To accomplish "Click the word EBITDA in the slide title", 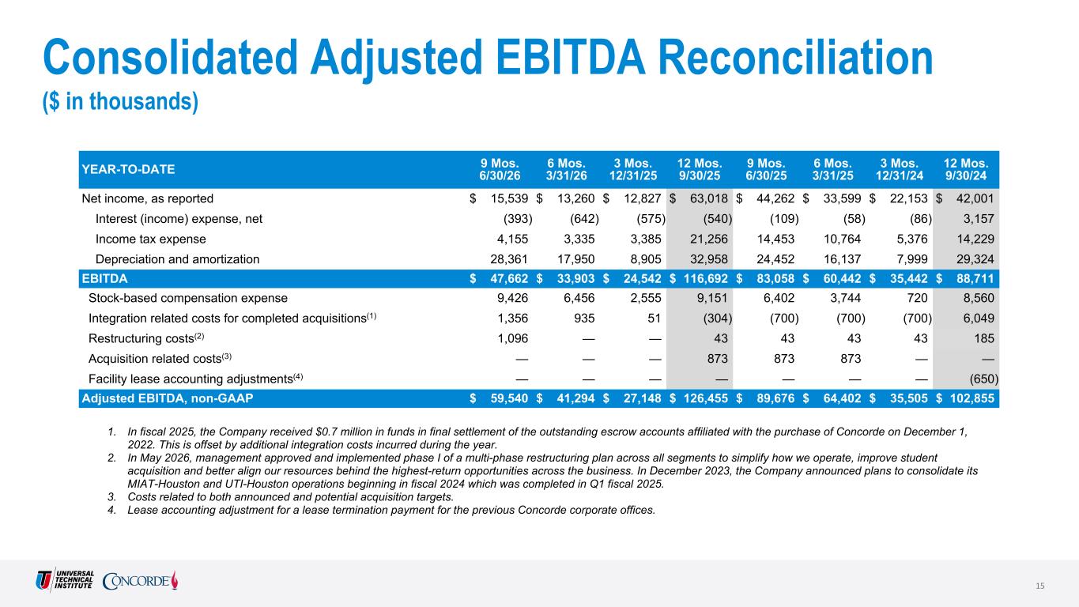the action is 571,58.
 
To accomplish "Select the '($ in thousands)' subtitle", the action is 120,102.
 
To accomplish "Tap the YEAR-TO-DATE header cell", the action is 128,170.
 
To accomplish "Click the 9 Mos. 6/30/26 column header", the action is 500,170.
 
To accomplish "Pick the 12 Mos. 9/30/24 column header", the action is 966,170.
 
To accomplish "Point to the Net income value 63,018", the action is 708,198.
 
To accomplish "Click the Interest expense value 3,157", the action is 979,219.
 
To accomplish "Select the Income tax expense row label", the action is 150,239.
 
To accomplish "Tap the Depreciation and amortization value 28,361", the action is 509,259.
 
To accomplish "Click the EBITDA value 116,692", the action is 706,279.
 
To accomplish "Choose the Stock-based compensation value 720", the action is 917,298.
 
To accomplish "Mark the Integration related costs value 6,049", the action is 979,319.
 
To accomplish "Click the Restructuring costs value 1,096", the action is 512,338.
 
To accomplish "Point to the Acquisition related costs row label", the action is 160,358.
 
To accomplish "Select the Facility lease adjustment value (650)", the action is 983,379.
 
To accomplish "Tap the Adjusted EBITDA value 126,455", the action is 706,398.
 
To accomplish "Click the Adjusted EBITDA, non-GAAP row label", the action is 167,398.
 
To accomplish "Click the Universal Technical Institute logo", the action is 65,580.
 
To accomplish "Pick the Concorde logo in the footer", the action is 140,580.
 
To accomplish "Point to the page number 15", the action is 1040,586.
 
